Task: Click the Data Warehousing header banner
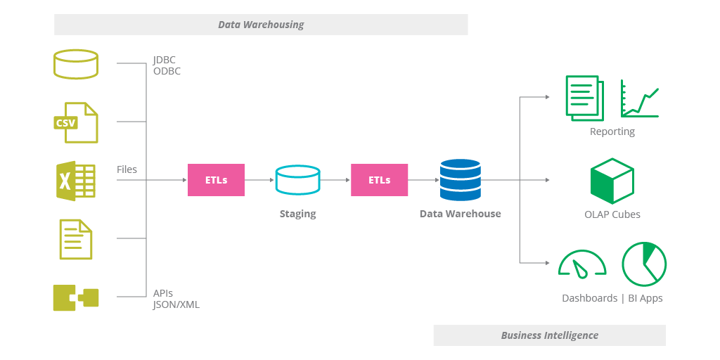(261, 25)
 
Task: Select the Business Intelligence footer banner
(549, 335)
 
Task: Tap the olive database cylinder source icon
(76, 64)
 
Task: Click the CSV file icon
(76, 122)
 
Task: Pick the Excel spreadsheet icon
(76, 181)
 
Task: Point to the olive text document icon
(76, 239)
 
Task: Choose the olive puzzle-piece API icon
(76, 297)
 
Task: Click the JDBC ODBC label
(167, 65)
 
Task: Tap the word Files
(127, 169)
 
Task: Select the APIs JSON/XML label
(176, 299)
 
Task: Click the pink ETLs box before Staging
(216, 180)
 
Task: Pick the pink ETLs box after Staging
(380, 180)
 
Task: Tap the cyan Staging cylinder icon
(297, 180)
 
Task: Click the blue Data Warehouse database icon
(460, 180)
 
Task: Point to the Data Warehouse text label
(460, 214)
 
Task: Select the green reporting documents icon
(584, 98)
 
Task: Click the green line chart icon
(639, 99)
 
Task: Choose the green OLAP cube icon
(612, 181)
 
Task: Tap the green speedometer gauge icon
(581, 263)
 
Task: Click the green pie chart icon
(643, 264)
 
